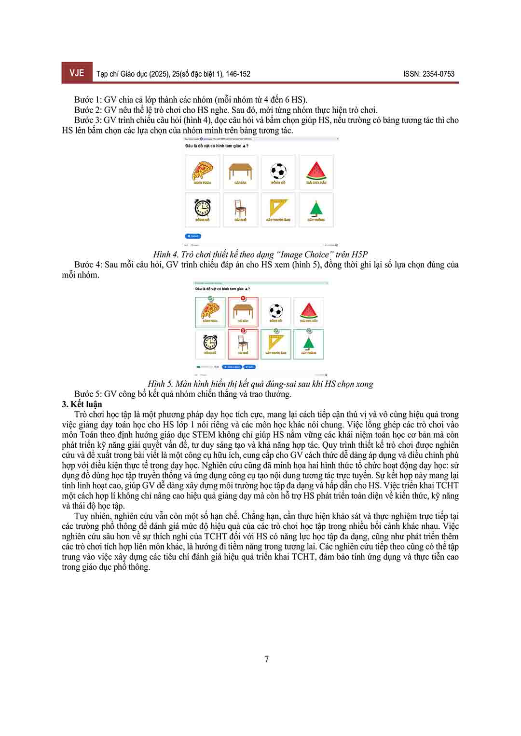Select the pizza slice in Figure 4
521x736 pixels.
coord(202,171)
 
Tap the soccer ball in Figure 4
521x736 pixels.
coord(278,171)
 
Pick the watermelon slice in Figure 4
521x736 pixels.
coord(316,170)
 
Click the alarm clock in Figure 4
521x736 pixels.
coord(202,208)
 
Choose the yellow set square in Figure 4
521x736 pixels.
coord(278,208)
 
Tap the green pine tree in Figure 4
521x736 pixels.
coord(316,208)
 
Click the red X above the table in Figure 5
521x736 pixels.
coord(243,298)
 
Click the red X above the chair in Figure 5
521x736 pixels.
coord(243,331)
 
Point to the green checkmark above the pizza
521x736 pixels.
coord(211,298)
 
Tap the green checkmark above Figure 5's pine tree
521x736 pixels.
coord(309,331)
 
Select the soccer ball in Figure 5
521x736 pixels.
coord(275,310)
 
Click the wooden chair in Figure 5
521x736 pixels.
coord(243,343)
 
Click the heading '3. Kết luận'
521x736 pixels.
coord(82,404)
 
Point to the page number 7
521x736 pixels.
coord(267,659)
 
